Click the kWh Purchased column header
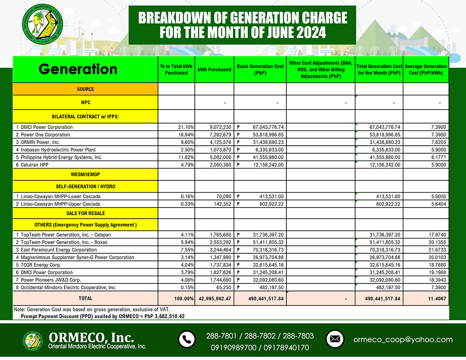(x=214, y=69)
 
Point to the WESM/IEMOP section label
(x=85, y=174)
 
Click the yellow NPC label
(x=85, y=102)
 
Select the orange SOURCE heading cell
(x=85, y=89)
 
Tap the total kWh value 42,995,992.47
(x=214, y=298)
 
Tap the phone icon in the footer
(x=186, y=339)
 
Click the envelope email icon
(x=335, y=339)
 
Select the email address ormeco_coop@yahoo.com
(x=403, y=340)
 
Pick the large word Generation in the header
(x=78, y=69)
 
